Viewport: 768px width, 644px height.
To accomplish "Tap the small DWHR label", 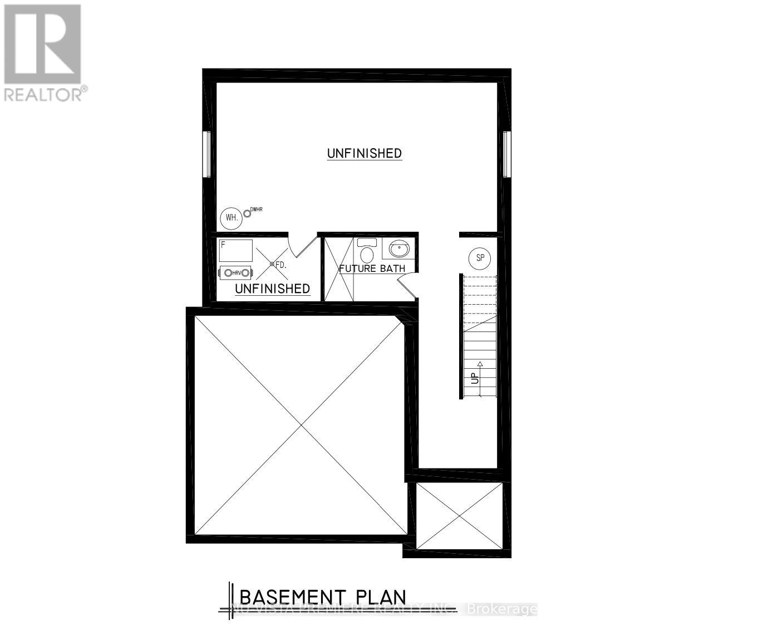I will [256, 209].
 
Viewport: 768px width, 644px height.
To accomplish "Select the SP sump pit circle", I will [480, 258].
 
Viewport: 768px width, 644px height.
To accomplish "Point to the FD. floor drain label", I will [280, 266].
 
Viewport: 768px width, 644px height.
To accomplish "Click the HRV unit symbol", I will [237, 272].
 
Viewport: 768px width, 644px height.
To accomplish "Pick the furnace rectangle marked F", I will [235, 251].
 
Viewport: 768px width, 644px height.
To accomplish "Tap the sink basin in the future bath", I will [398, 248].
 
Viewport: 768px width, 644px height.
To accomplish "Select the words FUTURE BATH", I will [372, 269].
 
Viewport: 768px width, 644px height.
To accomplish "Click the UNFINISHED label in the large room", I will [365, 153].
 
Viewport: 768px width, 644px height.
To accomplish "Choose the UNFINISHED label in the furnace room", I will [272, 289].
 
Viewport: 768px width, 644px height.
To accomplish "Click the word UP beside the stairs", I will [475, 378].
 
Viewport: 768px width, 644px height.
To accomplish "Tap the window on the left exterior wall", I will [206, 154].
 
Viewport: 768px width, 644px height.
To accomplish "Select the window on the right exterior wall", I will [506, 154].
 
